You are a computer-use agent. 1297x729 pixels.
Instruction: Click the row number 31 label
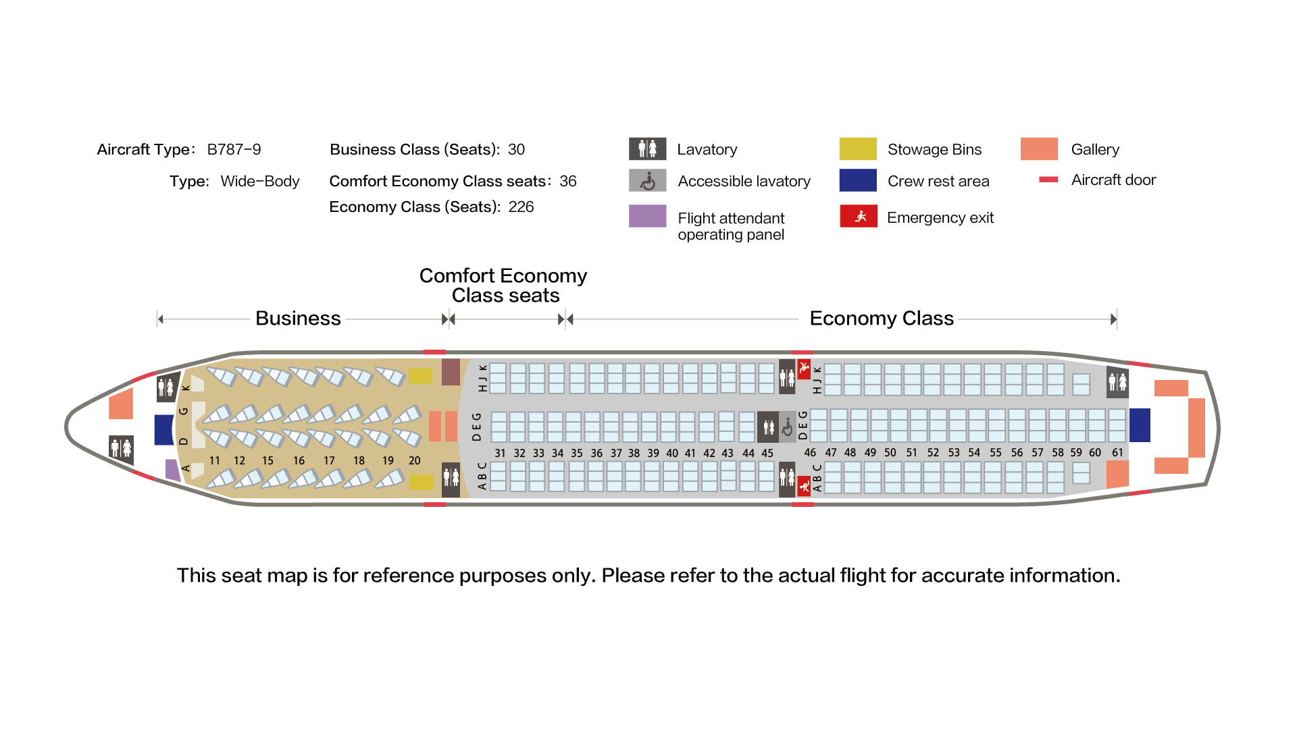pyautogui.click(x=500, y=453)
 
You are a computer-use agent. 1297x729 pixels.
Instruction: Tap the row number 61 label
pyautogui.click(x=1117, y=452)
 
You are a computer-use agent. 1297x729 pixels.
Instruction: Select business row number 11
pyautogui.click(x=215, y=460)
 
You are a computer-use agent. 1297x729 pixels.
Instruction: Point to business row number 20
pyautogui.click(x=414, y=460)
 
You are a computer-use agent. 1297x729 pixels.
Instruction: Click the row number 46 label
pyautogui.click(x=810, y=452)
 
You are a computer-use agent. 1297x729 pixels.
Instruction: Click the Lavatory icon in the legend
pyautogui.click(x=647, y=148)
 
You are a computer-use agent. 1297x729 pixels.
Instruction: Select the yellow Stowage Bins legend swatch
pyautogui.click(x=857, y=148)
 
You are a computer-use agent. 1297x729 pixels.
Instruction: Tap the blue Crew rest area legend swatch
pyautogui.click(x=857, y=180)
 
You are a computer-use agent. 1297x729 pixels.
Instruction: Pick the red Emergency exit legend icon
pyautogui.click(x=858, y=216)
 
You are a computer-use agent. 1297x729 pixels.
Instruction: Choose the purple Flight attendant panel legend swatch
pyautogui.click(x=647, y=216)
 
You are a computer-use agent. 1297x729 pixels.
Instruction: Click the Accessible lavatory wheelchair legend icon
pyautogui.click(x=647, y=180)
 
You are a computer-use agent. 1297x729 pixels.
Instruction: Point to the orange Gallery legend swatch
pyautogui.click(x=1039, y=148)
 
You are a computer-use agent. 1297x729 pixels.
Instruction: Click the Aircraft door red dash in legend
pyautogui.click(x=1048, y=180)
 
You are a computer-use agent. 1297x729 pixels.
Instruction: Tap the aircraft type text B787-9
pyautogui.click(x=234, y=149)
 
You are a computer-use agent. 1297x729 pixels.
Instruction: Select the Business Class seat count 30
pyautogui.click(x=516, y=149)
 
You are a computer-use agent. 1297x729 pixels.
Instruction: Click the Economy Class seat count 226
pyautogui.click(x=521, y=207)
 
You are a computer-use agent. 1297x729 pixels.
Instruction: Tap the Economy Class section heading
pyautogui.click(x=882, y=318)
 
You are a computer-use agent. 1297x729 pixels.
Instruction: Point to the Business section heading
pyautogui.click(x=298, y=318)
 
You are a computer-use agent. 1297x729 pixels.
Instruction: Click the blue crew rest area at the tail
pyautogui.click(x=1140, y=425)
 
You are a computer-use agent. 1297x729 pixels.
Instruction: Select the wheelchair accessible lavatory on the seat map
pyautogui.click(x=787, y=427)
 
